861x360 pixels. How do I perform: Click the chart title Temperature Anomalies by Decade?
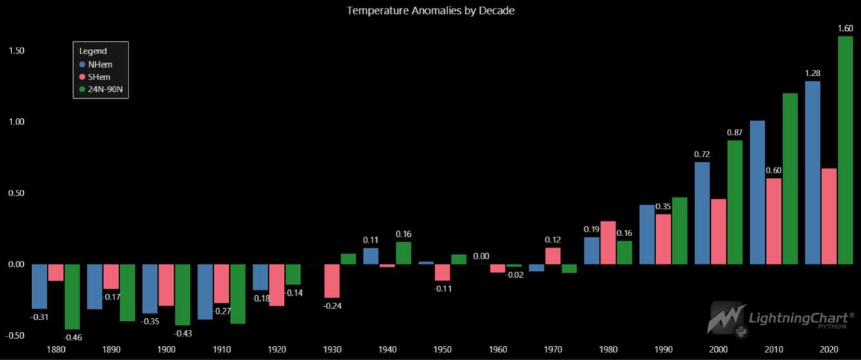pyautogui.click(x=431, y=11)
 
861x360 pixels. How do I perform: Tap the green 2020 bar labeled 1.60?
pyautogui.click(x=846, y=150)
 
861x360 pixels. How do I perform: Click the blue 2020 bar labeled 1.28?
pyautogui.click(x=813, y=173)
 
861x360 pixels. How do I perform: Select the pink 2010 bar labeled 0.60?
pyautogui.click(x=774, y=221)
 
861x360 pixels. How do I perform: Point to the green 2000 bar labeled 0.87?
pyautogui.click(x=735, y=202)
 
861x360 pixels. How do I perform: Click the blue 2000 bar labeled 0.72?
pyautogui.click(x=702, y=213)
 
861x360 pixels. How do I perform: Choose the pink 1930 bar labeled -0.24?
pyautogui.click(x=331, y=281)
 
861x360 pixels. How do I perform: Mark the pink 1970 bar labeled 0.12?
pyautogui.click(x=553, y=256)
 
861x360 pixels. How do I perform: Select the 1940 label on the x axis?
pyautogui.click(x=387, y=350)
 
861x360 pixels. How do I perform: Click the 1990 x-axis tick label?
pyautogui.click(x=663, y=350)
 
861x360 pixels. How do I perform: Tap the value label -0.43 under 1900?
pyautogui.click(x=184, y=334)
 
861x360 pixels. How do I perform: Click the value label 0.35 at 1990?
pyautogui.click(x=663, y=207)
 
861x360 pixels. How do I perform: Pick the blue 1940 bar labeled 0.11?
pyautogui.click(x=370, y=256)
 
